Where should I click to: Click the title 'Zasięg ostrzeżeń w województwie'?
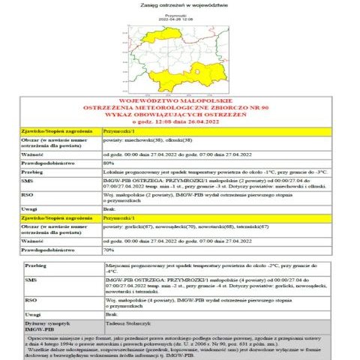(179, 4)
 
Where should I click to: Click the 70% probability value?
(109, 249)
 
